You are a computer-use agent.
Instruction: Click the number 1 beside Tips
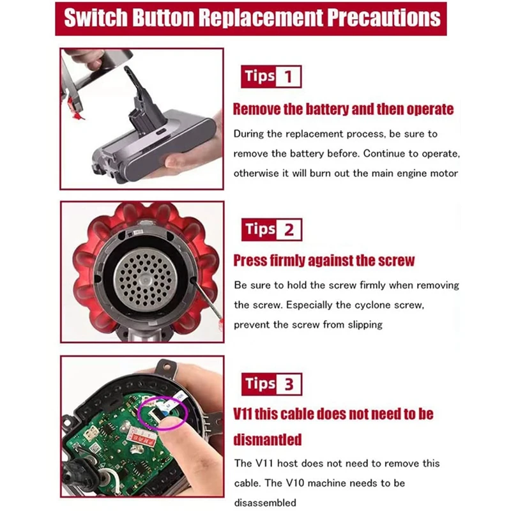(x=289, y=77)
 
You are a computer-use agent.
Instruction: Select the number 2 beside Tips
(x=289, y=229)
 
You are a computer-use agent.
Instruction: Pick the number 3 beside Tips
(x=289, y=385)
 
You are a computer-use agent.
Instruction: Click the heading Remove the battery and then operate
(x=343, y=109)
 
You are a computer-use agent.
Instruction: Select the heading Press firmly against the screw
(x=324, y=261)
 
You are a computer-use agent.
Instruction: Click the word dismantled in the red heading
(x=268, y=439)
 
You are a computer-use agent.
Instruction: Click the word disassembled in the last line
(x=265, y=502)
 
